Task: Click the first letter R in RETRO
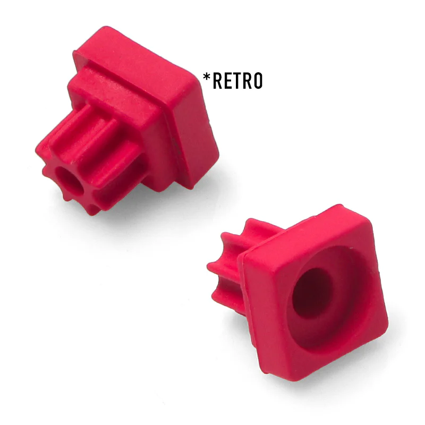[218, 81]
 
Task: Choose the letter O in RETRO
[258, 81]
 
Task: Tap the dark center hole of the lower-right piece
[312, 293]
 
